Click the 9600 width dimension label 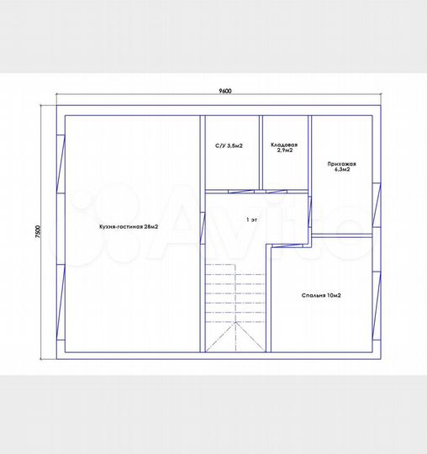pyautogui.click(x=225, y=91)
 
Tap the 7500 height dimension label pyautogui.click(x=38, y=232)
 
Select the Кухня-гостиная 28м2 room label pyautogui.click(x=129, y=227)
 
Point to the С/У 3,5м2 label pyautogui.click(x=229, y=146)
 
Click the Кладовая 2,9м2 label pyautogui.click(x=284, y=147)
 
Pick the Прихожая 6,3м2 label pyautogui.click(x=342, y=166)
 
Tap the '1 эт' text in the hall pyautogui.click(x=251, y=219)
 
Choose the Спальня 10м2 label pyautogui.click(x=321, y=295)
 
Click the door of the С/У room pyautogui.click(x=241, y=192)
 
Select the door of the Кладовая pyautogui.click(x=277, y=192)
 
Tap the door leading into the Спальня pyautogui.click(x=287, y=245)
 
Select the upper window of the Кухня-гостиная pyautogui.click(x=61, y=164)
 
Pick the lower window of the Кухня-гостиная pyautogui.click(x=61, y=302)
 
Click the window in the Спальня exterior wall pyautogui.click(x=377, y=305)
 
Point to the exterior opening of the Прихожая pyautogui.click(x=377, y=205)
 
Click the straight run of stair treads pyautogui.click(x=235, y=293)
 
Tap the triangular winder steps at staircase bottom pyautogui.click(x=235, y=337)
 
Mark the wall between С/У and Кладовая pyautogui.click(x=261, y=152)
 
